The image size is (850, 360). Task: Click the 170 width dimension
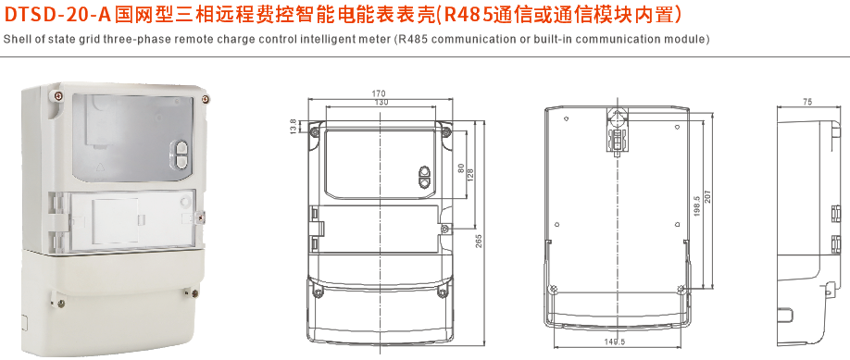[379, 93]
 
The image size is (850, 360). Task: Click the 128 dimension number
[469, 173]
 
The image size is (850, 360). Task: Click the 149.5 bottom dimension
[617, 342]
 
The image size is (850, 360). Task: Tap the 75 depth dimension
[807, 102]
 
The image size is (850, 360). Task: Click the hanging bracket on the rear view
[617, 130]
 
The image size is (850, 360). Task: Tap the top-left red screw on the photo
[58, 93]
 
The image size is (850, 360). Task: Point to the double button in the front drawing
[425, 177]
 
